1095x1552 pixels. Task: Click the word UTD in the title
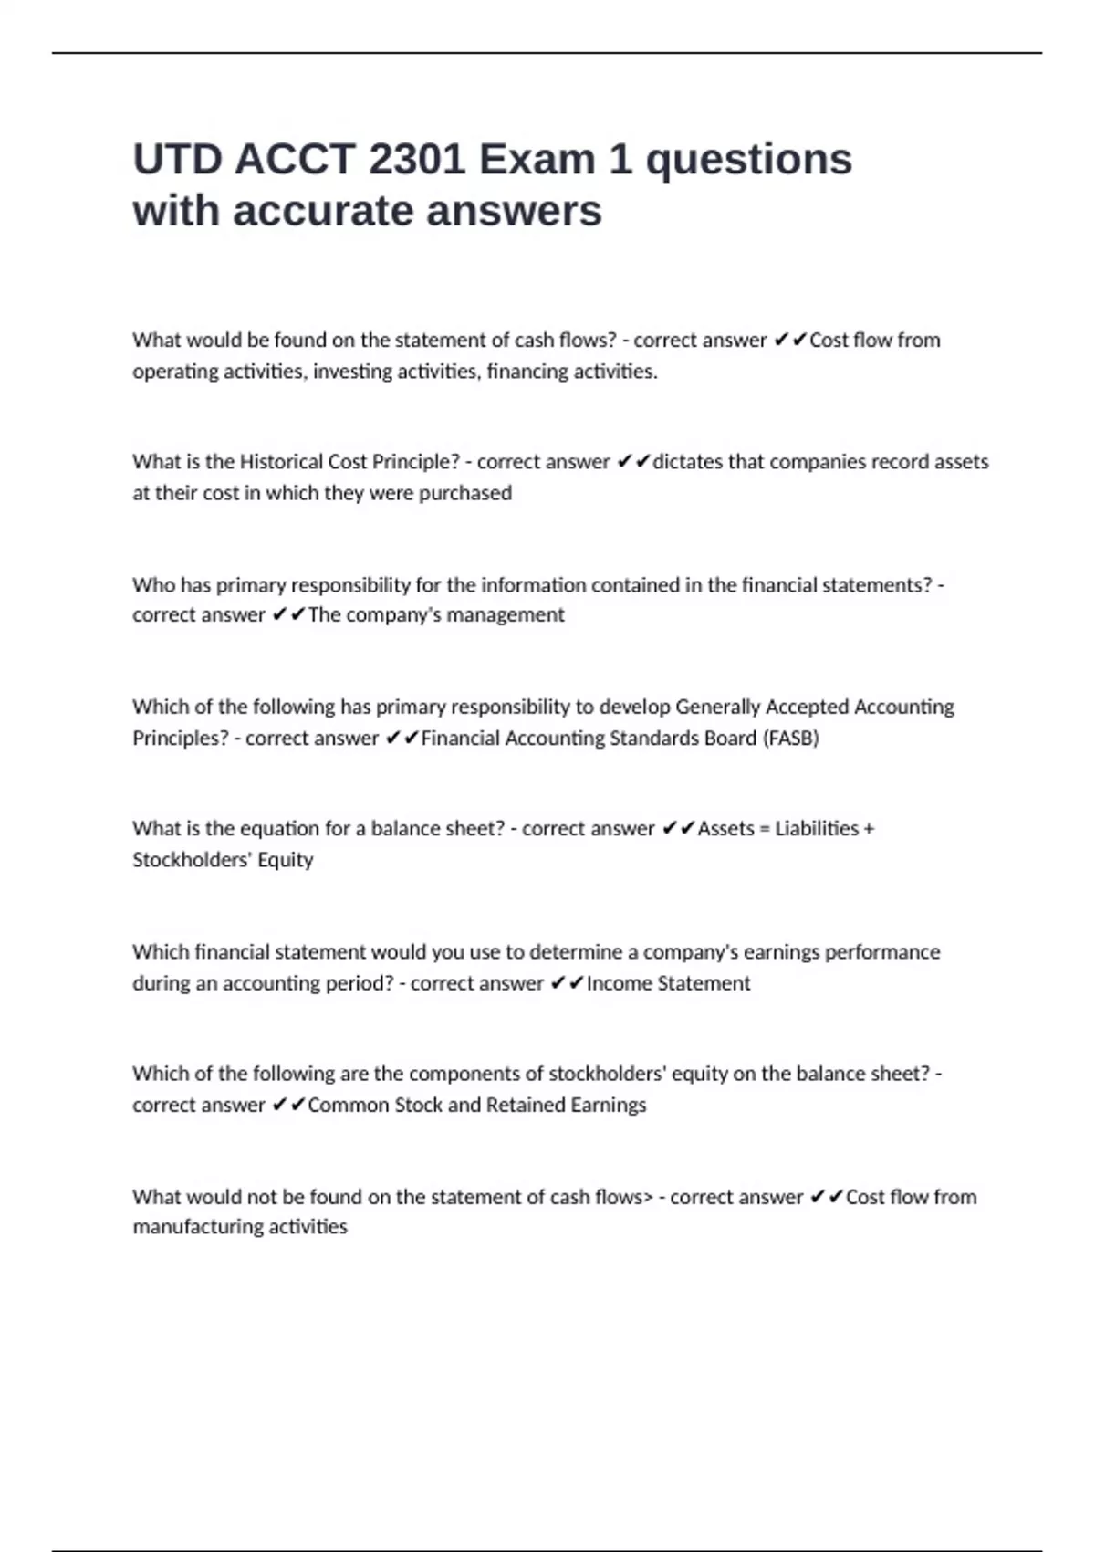pos(177,160)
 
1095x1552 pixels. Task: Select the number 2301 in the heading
pos(417,160)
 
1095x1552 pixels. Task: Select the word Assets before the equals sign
pos(726,829)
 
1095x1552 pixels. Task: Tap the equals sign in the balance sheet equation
pos(765,829)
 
